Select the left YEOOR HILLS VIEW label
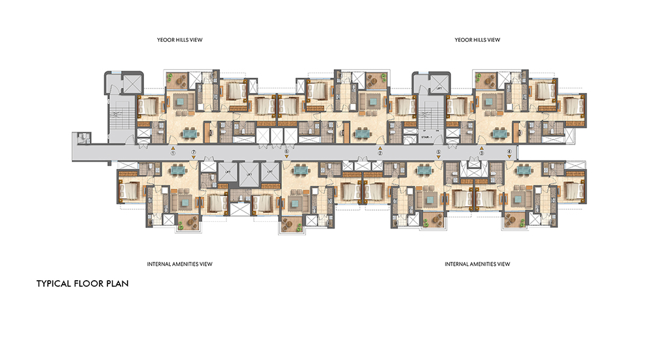[x=176, y=40]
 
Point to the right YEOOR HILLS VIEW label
[x=477, y=40]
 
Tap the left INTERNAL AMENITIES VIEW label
[x=180, y=264]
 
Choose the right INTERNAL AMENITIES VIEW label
[x=477, y=264]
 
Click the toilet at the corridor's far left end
[x=82, y=137]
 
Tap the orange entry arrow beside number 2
[x=380, y=148]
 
